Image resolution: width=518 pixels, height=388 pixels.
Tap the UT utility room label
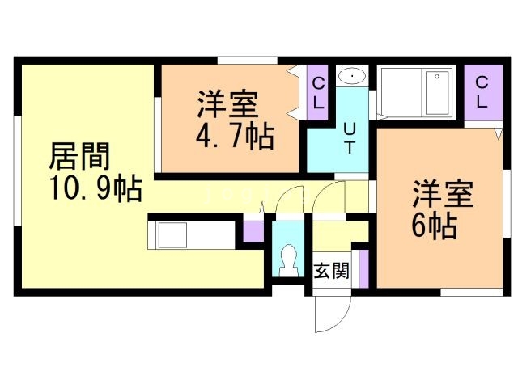(350, 137)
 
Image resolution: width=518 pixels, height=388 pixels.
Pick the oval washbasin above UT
(353, 77)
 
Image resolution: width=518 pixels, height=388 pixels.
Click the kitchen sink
(172, 237)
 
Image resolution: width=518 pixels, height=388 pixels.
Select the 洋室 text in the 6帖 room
(443, 195)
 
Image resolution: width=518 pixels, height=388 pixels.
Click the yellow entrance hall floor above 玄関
(334, 235)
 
